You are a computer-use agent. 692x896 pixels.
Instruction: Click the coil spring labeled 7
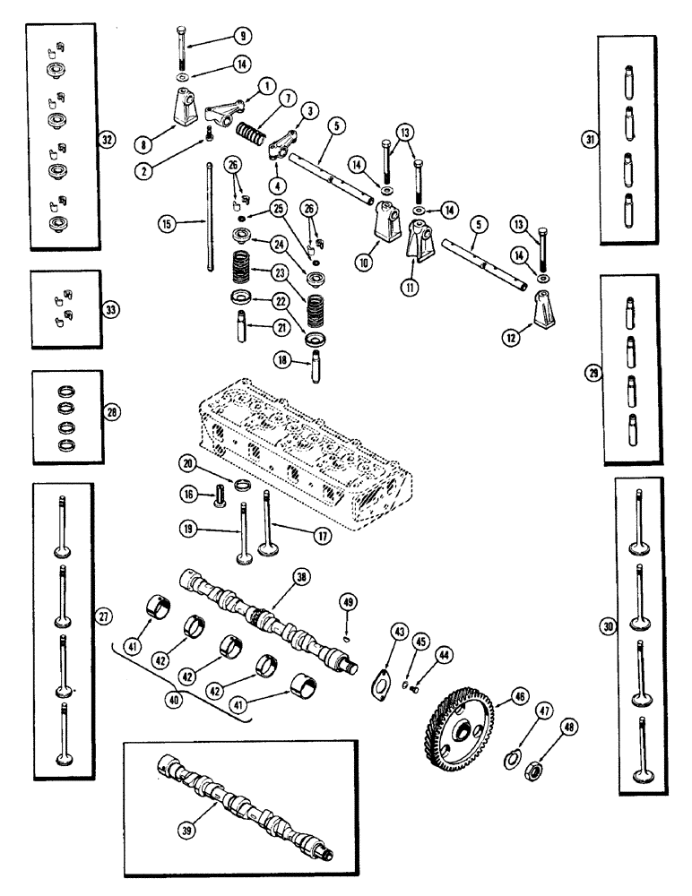(x=254, y=140)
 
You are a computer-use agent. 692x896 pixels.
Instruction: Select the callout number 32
(x=107, y=141)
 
